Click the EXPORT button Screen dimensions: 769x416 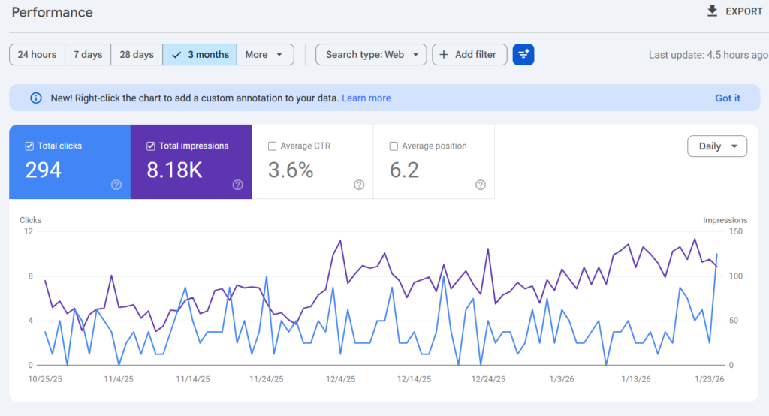point(734,11)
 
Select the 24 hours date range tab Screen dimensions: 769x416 point(38,55)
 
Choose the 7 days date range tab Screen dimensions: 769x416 point(88,55)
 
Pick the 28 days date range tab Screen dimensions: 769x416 point(137,55)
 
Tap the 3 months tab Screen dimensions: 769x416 point(200,55)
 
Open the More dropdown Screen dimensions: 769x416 point(265,55)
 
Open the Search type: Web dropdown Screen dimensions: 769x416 point(371,55)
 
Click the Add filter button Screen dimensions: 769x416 point(469,55)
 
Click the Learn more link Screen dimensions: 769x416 point(366,98)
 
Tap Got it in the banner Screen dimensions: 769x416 point(727,98)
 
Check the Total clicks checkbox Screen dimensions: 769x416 point(29,146)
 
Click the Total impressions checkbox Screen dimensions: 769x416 point(150,146)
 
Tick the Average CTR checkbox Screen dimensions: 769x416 point(272,146)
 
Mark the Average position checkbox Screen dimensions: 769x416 point(394,146)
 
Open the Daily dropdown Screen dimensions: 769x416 point(717,146)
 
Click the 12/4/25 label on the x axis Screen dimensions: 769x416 point(340,379)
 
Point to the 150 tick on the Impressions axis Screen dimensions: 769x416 point(736,231)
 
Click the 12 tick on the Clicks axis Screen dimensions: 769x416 point(29,231)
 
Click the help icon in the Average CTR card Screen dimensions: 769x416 point(359,185)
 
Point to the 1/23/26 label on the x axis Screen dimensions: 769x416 point(709,379)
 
